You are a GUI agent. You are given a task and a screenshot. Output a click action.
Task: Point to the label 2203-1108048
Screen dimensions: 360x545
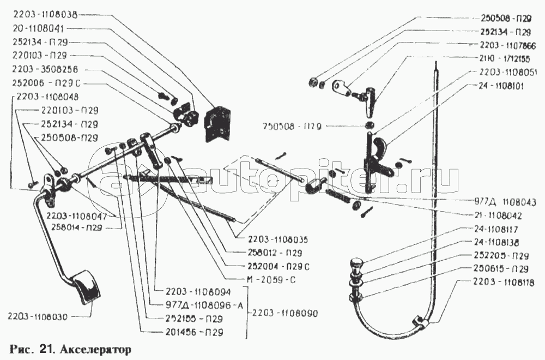tap(48, 97)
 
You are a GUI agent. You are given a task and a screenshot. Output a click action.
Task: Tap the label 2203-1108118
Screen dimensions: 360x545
tap(501, 283)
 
